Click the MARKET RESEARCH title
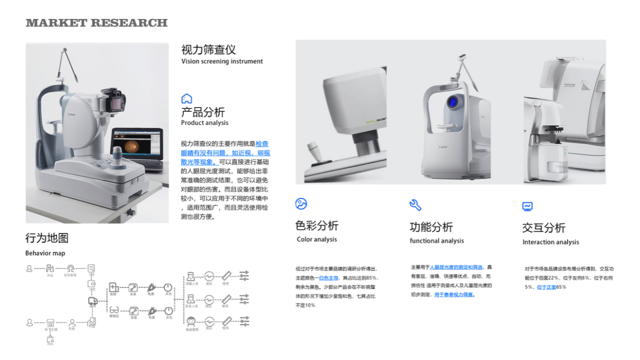pos(96,23)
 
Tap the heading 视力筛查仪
pos(208,49)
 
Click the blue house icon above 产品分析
pos(186,98)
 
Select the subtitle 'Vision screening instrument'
pos(222,61)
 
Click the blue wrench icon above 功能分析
pos(415,204)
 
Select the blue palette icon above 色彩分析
pos(301,203)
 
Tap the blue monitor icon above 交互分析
pos(527,206)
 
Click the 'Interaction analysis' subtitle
pos(550,242)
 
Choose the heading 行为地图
pos(47,238)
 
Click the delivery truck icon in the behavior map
pos(92,301)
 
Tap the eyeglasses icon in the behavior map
pos(114,310)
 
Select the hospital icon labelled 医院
pos(114,287)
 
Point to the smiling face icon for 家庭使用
pos(190,321)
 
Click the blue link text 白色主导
pos(329,278)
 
